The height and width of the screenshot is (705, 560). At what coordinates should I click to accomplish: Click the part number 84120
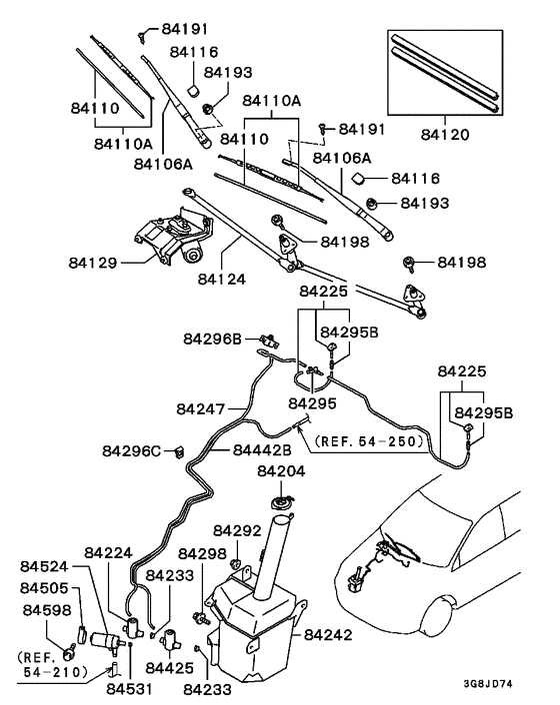point(447,133)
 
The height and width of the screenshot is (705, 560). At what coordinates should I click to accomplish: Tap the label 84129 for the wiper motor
point(94,264)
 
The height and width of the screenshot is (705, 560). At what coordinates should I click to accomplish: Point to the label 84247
point(201,408)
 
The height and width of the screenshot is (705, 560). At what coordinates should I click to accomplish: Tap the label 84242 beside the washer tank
point(329,633)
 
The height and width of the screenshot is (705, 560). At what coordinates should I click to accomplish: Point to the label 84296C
point(130,450)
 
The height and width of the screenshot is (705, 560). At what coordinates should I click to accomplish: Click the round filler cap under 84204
point(283,501)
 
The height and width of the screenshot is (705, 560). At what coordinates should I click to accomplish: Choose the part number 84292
point(237,530)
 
